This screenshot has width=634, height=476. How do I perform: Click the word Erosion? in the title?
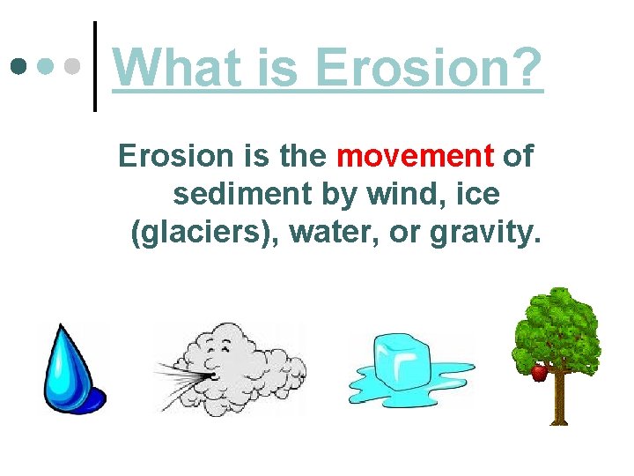429,67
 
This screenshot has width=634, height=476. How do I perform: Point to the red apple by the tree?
539,373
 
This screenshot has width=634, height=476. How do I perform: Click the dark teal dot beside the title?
18,67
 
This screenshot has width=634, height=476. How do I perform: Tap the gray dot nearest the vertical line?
76,67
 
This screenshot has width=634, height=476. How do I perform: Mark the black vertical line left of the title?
94,67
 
